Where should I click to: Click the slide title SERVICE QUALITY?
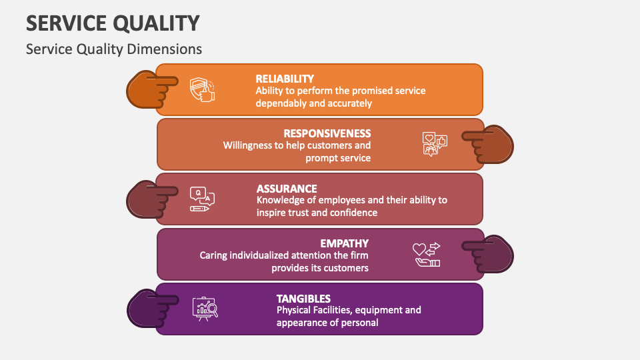tap(113, 23)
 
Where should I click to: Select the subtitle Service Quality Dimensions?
tap(113, 49)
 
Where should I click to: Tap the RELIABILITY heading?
tap(285, 79)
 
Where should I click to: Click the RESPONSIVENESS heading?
tap(327, 133)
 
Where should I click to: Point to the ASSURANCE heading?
tap(287, 189)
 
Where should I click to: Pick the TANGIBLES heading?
tap(303, 299)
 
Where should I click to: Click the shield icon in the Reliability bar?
tap(202, 89)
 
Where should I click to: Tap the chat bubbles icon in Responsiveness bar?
tap(435, 144)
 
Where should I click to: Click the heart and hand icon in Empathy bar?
tap(427, 254)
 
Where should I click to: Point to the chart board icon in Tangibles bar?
tap(205, 309)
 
